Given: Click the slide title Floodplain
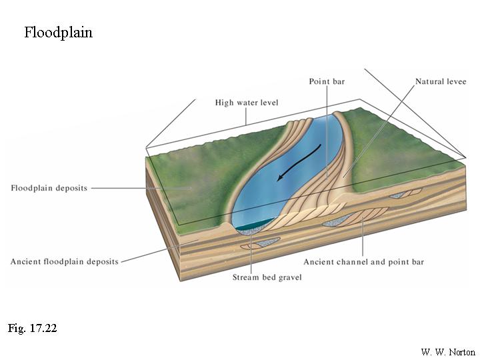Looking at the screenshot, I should coord(58,33).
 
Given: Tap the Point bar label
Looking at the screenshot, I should coord(327,81).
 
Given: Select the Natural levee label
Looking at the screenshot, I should coord(441,81).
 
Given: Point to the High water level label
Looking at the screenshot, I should coord(247,103).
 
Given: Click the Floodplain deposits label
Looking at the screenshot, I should coord(49,188).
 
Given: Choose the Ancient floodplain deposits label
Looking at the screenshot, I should coord(65,261).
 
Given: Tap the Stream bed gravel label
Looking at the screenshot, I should coord(267,277).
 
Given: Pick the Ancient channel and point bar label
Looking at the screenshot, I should coord(363,262).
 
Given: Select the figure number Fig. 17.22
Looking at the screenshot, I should coord(33,328).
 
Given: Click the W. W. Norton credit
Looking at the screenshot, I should coord(449,351).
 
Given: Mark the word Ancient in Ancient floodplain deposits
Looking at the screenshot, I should coord(27,261).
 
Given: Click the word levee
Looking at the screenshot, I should coord(455,81).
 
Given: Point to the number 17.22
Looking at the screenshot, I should coord(43,328).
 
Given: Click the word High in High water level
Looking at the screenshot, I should coord(225,103).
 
